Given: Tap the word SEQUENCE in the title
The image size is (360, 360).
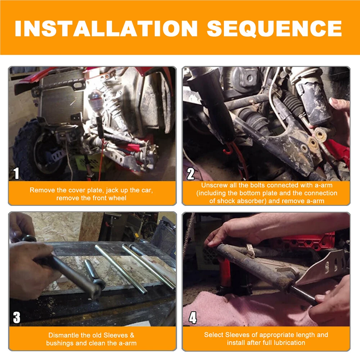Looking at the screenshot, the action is [x=275, y=28].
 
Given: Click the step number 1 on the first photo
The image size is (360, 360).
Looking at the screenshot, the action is [x=16, y=174].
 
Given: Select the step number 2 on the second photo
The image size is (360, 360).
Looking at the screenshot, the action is [x=190, y=174].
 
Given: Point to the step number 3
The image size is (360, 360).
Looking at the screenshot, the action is [x=17, y=318].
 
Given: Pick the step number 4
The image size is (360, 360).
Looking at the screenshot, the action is [x=193, y=318].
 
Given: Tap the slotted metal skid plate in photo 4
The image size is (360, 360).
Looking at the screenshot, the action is [x=321, y=269].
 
